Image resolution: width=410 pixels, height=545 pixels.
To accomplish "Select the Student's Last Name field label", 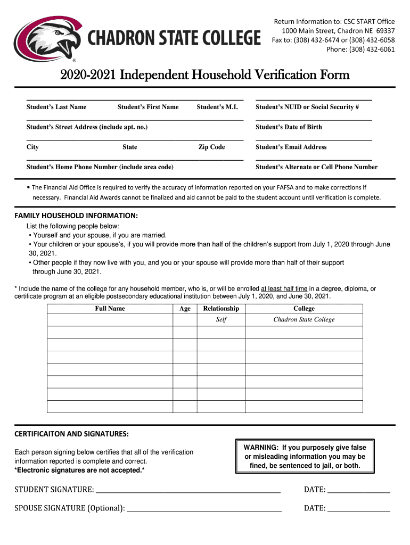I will pos(56,107).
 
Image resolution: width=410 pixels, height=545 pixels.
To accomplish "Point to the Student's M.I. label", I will pos(217,107).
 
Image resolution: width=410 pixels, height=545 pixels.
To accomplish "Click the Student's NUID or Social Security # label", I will pos(307,107).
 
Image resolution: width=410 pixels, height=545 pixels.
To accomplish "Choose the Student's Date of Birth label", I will pos(289,127).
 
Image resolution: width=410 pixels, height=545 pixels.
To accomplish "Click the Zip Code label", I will pos(211,147).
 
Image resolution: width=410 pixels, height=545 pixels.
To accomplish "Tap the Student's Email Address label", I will pos(291,147).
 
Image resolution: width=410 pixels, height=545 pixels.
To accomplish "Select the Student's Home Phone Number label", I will pos(100,167).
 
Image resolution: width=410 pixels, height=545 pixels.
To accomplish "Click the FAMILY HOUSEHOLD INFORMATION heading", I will pos(76,216).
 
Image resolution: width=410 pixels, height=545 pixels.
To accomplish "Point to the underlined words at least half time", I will pos(284,289).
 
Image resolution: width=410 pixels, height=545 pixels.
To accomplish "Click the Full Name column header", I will pos(110,309).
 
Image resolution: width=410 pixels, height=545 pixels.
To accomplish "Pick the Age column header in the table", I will pos(185,309).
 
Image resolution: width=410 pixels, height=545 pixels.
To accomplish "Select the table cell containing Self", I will pos(221,320).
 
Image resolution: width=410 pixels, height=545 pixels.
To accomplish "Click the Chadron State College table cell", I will pos(304,320).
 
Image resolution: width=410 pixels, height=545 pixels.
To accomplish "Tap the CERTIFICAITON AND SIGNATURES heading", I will pos(71,434).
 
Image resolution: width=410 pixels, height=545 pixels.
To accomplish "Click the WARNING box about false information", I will pos(305,456).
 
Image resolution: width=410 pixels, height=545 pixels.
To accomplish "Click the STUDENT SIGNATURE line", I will pos(187,490).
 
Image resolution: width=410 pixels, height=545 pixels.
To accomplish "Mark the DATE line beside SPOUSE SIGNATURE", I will pos(359,508).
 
